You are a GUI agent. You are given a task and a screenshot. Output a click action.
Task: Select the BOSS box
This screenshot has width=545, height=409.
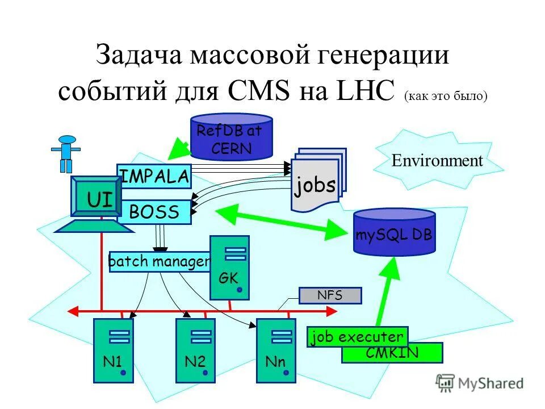coord(154,212)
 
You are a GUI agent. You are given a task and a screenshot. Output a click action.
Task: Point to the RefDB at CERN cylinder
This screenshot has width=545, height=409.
coord(231,138)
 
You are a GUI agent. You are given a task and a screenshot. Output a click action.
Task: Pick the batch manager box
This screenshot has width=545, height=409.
coord(159,262)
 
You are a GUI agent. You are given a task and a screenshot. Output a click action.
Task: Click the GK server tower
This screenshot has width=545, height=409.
coord(229,267)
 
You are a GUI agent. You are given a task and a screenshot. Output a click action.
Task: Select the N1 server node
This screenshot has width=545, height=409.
coord(114,349)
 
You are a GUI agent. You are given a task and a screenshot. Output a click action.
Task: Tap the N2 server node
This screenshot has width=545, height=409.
coord(195,349)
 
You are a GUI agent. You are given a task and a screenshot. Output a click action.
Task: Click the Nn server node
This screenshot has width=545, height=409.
coord(276,349)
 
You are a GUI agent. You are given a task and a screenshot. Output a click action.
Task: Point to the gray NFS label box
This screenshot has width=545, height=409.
coord(330,295)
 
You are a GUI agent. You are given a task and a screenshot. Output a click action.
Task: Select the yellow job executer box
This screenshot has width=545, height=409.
coord(357,337)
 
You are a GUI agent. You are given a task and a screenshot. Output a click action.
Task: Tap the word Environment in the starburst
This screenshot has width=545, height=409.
coord(437,161)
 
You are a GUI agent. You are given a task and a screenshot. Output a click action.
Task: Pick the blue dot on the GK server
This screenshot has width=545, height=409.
coord(240,290)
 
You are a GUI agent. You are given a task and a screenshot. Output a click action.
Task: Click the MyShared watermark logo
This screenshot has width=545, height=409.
coord(480,383)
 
